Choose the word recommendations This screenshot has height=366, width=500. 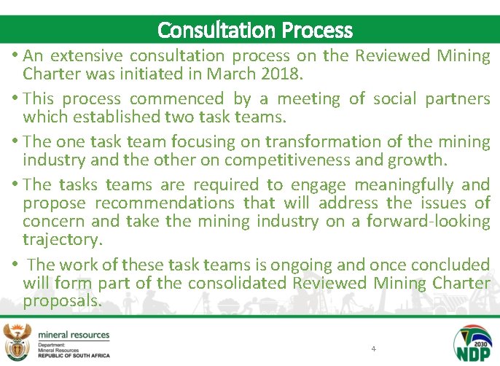[164, 203]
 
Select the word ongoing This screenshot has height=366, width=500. [337, 264]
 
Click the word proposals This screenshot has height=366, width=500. [62, 300]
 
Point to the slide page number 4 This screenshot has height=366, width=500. [373, 349]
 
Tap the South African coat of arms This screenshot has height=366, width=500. [16, 341]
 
